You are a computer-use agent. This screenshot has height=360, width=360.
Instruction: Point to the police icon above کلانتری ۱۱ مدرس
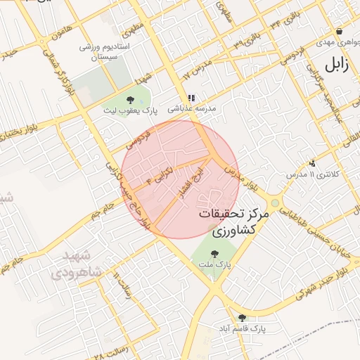pos(312,162)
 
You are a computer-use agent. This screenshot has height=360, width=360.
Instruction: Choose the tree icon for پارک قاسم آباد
pos(243,318)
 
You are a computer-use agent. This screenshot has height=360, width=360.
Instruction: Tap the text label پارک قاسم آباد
pos(243,329)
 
